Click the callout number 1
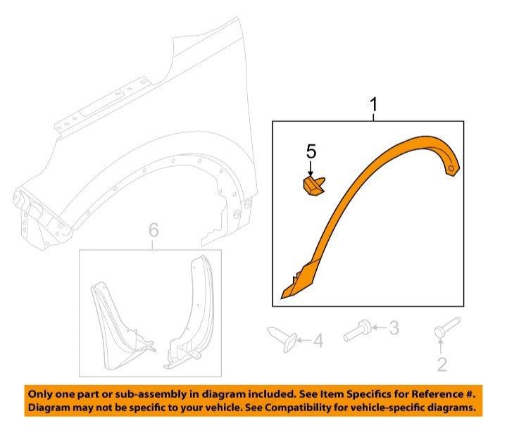tap(373, 105)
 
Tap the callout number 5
tap(311, 151)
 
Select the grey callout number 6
tap(154, 230)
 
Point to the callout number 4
tap(318, 341)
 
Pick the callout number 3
tap(394, 328)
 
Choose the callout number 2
tap(442, 365)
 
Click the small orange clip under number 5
tap(313, 187)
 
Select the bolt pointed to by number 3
tap(357, 330)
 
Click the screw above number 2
tap(446, 327)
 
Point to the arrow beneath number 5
tap(311, 169)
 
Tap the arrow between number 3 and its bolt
tap(380, 328)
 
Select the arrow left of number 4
tap(303, 341)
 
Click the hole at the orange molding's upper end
tap(451, 168)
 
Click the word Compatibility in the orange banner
tap(301, 408)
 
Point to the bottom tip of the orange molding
tap(282, 298)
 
